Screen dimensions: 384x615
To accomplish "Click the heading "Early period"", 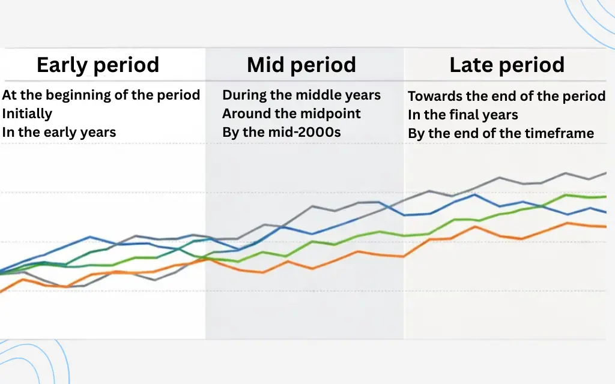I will pos(98,65).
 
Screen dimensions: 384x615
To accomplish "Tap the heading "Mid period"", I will pos(301,65).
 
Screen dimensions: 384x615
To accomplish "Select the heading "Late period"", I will pos(507,65).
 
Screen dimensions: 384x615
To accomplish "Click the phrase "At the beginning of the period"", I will pos(101,95).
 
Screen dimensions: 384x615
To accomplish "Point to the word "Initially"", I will pos(27,113).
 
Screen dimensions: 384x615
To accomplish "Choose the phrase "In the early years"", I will pos(59,132).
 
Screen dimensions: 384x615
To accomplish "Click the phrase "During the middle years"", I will pos(301,95).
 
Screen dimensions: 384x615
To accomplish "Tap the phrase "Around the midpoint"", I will pos(291,113).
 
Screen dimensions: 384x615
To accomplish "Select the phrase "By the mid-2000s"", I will pos(281,132).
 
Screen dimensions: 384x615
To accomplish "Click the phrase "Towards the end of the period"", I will pos(506,96).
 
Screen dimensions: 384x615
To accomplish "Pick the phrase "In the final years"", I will pos(462,115).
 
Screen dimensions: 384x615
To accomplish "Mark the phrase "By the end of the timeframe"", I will pos(501,133).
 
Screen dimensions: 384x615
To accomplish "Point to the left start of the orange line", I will pos(1,291).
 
